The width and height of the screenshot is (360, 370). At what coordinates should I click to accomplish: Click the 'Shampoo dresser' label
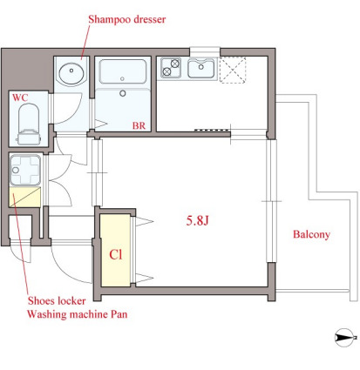[127, 19]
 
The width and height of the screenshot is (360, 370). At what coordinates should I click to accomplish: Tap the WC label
[20, 98]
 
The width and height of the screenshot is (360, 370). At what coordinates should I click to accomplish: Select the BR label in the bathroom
[139, 126]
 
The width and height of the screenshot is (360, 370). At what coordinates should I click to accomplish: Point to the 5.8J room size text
[198, 221]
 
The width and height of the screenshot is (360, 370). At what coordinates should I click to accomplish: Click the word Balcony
[311, 234]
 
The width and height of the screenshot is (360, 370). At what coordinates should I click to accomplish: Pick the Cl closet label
[116, 254]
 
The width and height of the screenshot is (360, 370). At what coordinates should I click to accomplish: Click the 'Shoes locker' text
[57, 300]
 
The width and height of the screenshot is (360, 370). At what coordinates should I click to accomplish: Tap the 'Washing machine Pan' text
[78, 314]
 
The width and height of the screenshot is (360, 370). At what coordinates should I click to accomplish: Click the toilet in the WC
[29, 124]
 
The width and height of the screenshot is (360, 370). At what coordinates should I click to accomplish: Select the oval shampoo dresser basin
[71, 72]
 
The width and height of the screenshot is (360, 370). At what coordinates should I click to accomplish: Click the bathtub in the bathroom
[122, 72]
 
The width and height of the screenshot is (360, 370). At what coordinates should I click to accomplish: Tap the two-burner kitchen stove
[171, 68]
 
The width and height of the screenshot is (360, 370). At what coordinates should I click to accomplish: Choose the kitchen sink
[201, 68]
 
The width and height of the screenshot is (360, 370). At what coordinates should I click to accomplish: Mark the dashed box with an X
[233, 71]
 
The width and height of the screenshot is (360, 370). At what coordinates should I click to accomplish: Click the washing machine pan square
[25, 171]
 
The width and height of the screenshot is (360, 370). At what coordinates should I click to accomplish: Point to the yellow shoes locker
[24, 197]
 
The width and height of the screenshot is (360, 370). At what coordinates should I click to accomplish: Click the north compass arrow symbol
[345, 338]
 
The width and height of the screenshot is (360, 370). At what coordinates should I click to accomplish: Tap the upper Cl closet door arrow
[144, 222]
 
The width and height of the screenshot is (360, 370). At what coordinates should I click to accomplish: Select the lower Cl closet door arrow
[144, 279]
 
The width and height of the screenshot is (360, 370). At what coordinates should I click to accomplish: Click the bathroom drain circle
[123, 93]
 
